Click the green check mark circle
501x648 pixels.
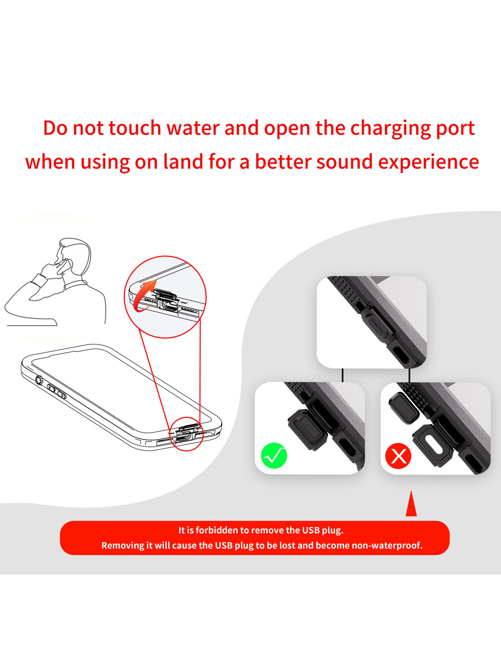(x=274, y=456)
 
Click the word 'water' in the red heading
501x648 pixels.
(x=193, y=128)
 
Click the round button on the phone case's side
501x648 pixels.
(x=39, y=380)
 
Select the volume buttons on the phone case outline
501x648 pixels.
(x=56, y=391)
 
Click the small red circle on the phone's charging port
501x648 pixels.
(x=186, y=434)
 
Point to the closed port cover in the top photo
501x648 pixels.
(x=378, y=323)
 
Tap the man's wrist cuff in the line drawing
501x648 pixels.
(x=39, y=280)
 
